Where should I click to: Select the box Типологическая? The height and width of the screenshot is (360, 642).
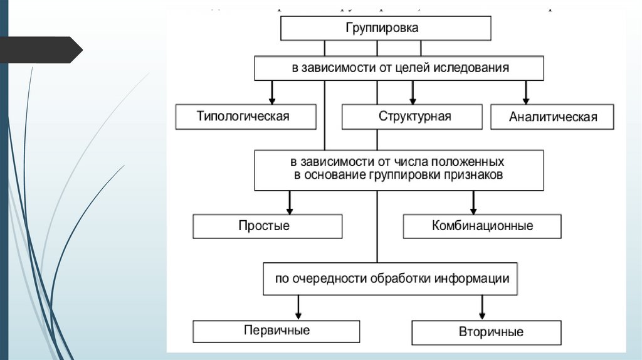[246, 117]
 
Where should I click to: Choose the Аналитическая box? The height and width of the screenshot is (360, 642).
[552, 117]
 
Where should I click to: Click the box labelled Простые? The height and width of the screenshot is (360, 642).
[267, 226]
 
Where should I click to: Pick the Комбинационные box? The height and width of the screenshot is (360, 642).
[482, 226]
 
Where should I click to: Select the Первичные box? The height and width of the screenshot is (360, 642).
[276, 331]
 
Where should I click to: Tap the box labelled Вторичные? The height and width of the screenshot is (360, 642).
[487, 332]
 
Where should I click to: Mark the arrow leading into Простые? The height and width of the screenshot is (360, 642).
[290, 202]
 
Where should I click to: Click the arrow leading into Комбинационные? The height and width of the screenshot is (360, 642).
[473, 202]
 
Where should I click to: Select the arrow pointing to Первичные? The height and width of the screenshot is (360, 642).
[298, 307]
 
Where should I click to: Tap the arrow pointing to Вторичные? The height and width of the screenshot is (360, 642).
[482, 307]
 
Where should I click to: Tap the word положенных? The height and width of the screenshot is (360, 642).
[467, 162]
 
